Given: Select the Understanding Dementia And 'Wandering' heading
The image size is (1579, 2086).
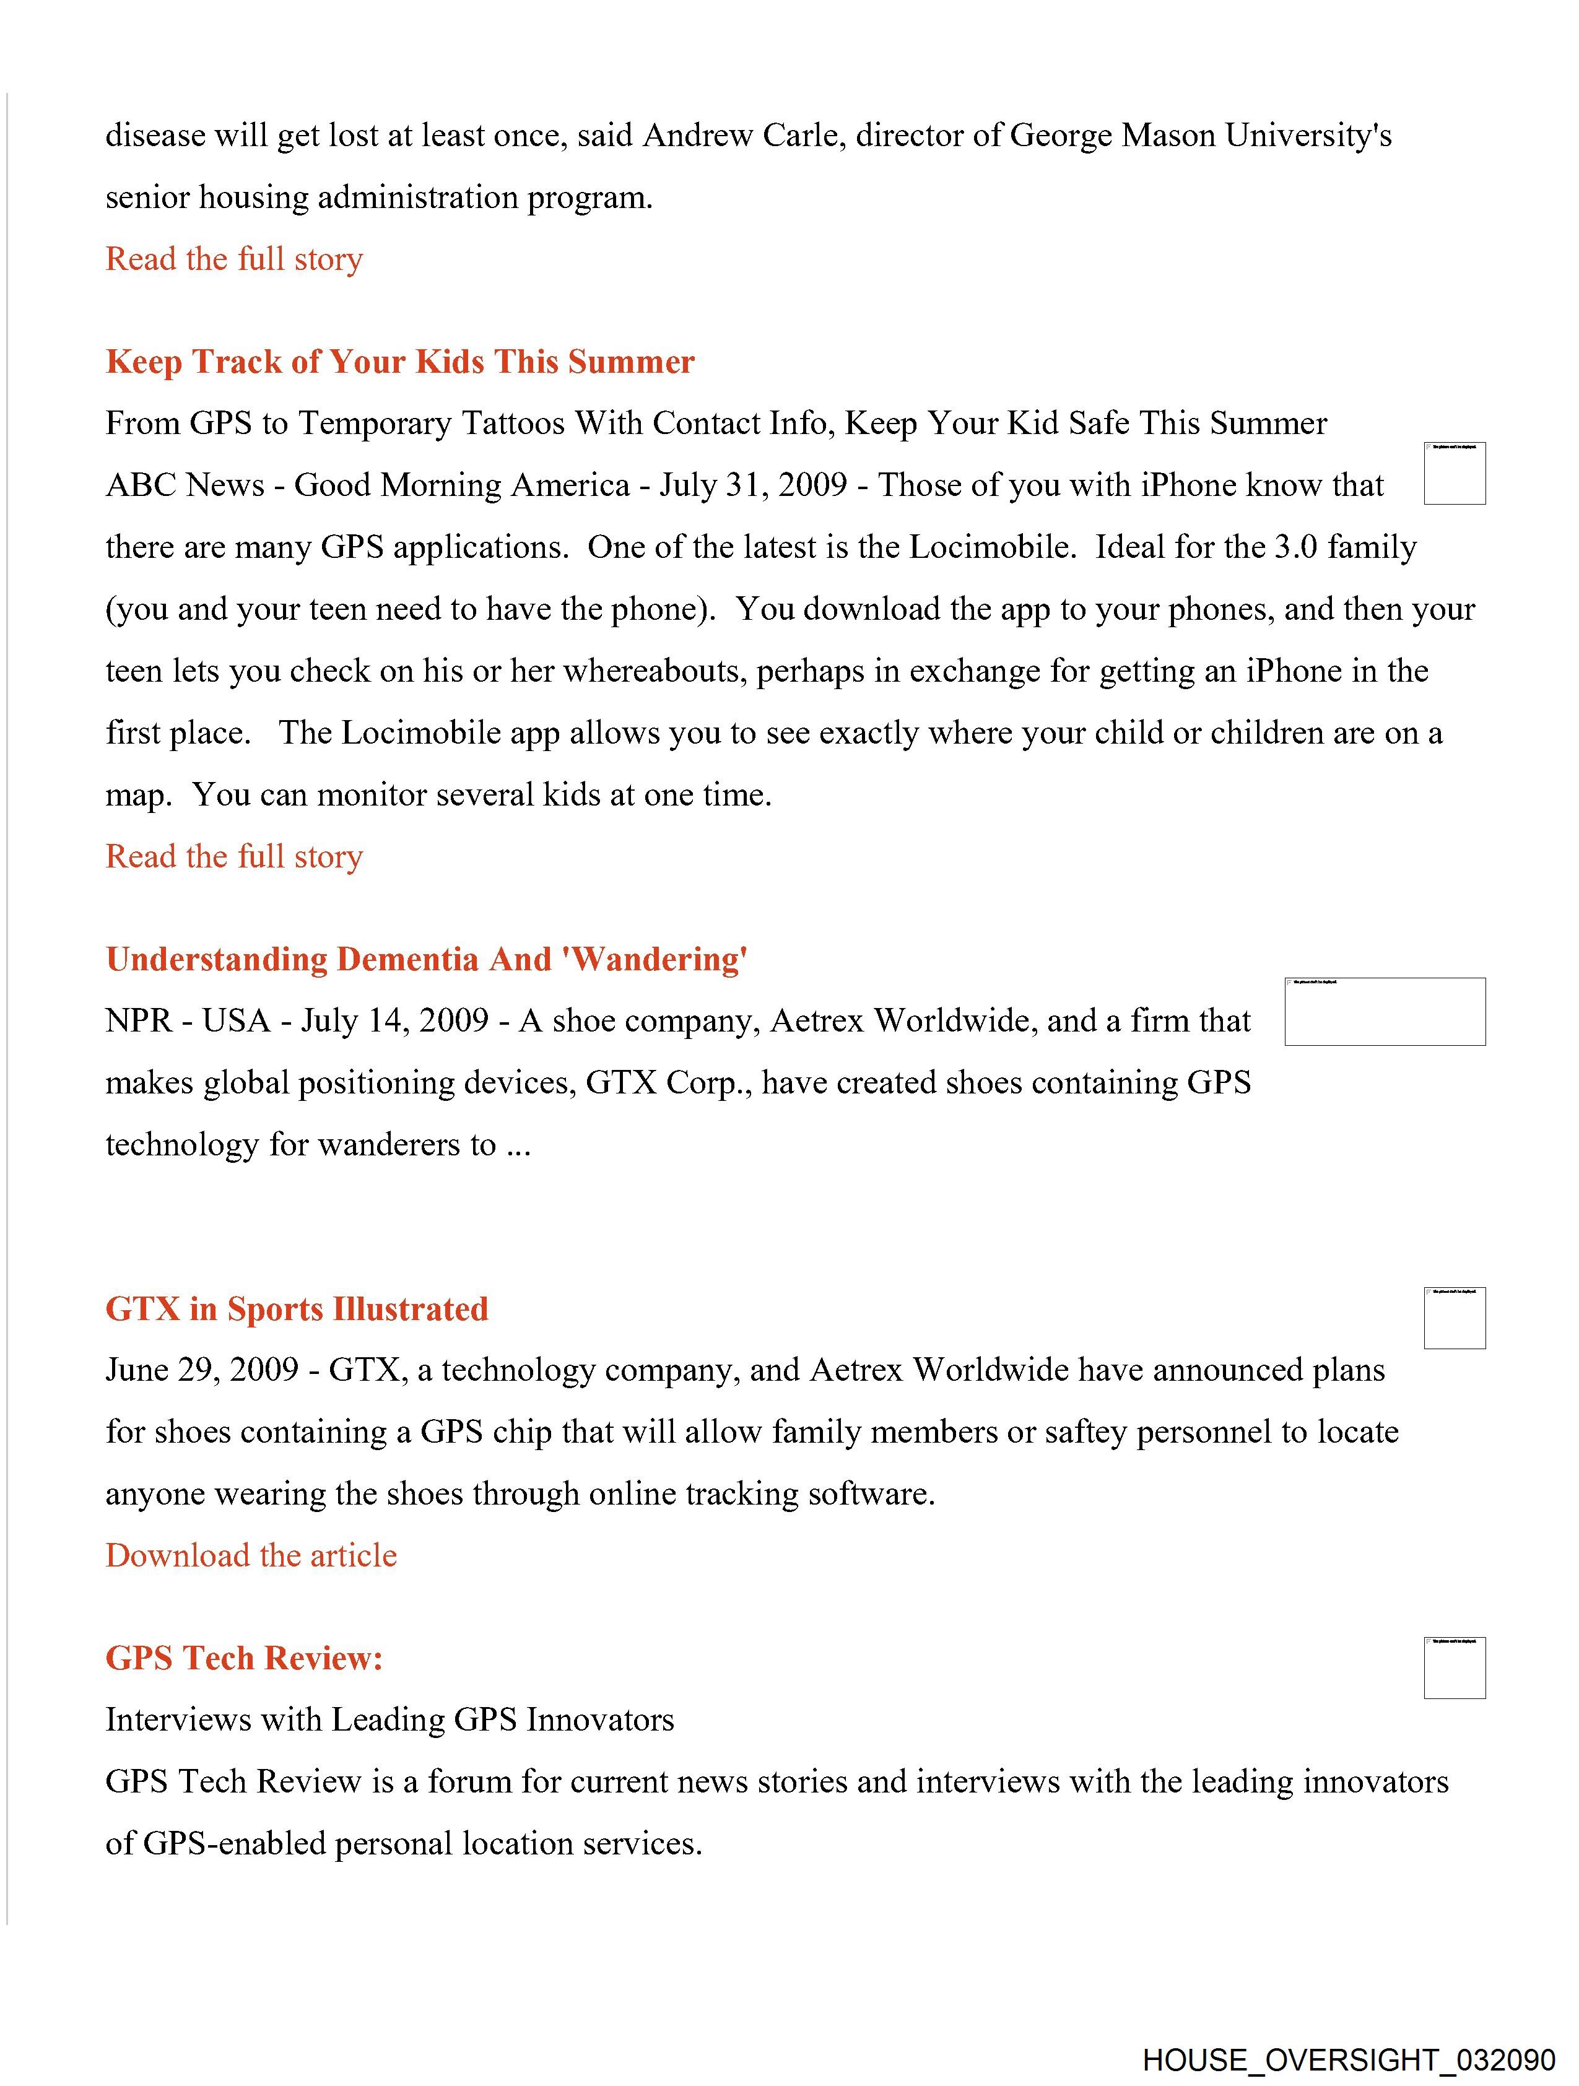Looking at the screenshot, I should click(427, 959).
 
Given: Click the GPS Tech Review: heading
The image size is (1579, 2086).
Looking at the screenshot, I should click(245, 1658).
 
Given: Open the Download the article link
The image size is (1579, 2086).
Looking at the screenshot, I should click(251, 1555).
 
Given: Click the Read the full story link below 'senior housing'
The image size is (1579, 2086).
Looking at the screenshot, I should click(234, 259).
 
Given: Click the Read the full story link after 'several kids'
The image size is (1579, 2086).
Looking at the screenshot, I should click(234, 856).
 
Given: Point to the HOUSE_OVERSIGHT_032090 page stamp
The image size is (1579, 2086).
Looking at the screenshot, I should click(1349, 2061).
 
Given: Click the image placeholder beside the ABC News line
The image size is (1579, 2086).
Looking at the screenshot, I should click(1455, 474).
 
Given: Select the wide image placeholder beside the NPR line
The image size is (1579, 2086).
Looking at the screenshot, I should click(1385, 1012).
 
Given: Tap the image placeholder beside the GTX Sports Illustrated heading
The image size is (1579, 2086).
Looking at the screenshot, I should click(1455, 1318).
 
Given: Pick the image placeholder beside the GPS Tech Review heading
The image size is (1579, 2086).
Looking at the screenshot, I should click(1455, 1668).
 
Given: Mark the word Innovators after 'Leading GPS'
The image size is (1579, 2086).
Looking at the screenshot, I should click(600, 1720).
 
